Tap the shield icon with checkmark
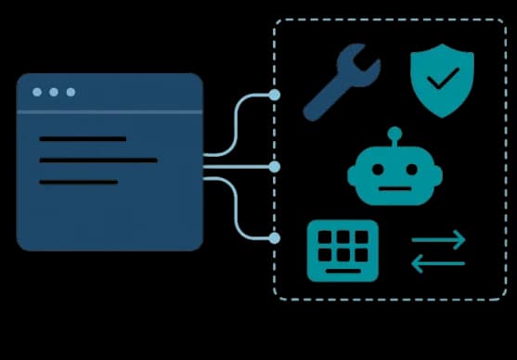click(x=442, y=80)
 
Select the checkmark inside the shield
click(x=443, y=78)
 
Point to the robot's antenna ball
click(x=394, y=133)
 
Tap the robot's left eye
click(x=376, y=170)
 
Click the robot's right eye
click(x=414, y=170)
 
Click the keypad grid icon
click(x=343, y=250)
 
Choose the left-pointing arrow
click(x=438, y=264)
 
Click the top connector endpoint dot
click(x=274, y=95)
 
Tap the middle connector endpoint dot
click(x=274, y=167)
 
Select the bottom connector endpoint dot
click(x=274, y=238)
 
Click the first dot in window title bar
click(x=37, y=92)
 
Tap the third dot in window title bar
click(x=71, y=92)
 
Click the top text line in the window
click(x=83, y=139)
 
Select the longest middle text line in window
click(x=98, y=161)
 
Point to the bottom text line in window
click(x=79, y=182)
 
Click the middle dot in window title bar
click(x=54, y=92)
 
